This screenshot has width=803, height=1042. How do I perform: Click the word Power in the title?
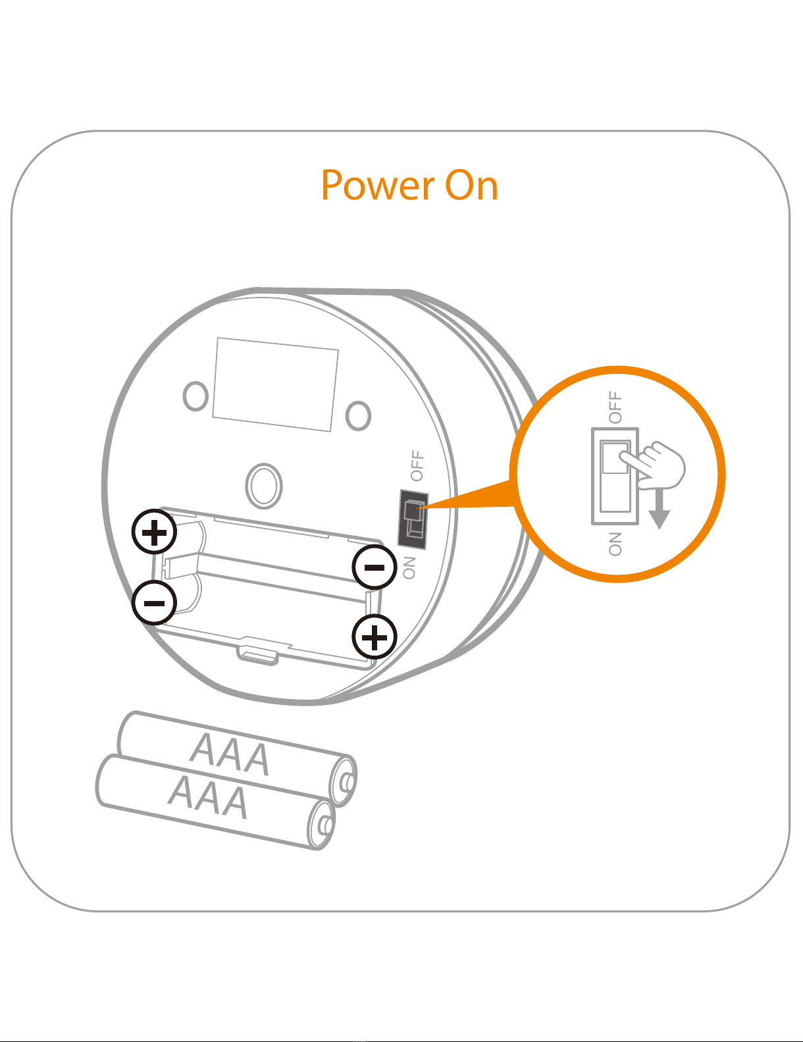tap(377, 186)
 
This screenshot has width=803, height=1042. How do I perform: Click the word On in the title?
tap(471, 186)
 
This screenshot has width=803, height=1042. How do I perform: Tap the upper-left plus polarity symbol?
tap(154, 532)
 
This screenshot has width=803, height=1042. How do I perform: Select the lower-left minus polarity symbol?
tap(154, 603)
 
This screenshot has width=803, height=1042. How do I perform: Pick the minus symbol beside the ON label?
tap(375, 567)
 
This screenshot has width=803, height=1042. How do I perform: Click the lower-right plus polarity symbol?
tap(375, 637)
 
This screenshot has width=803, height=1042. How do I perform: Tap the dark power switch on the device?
tap(413, 519)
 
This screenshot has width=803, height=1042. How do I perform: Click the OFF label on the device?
tap(417, 465)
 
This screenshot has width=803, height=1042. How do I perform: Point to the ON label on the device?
tap(409, 567)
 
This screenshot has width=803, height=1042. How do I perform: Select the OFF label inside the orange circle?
tap(615, 407)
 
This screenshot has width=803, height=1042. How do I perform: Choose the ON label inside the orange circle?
tap(615, 544)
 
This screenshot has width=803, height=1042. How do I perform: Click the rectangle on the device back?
tap(275, 384)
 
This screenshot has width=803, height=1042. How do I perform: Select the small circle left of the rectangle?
tap(195, 396)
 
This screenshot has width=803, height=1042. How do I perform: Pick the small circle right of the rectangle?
tap(358, 415)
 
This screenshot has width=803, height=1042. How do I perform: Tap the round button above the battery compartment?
tap(263, 485)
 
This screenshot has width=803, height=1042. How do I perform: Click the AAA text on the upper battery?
tap(230, 754)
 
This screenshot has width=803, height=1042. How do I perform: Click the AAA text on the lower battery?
tap(209, 797)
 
